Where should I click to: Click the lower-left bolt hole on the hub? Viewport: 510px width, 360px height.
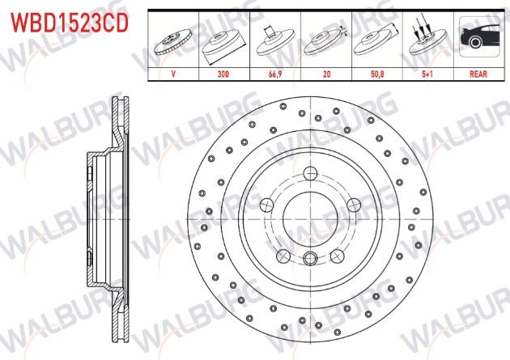coord(283,256)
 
